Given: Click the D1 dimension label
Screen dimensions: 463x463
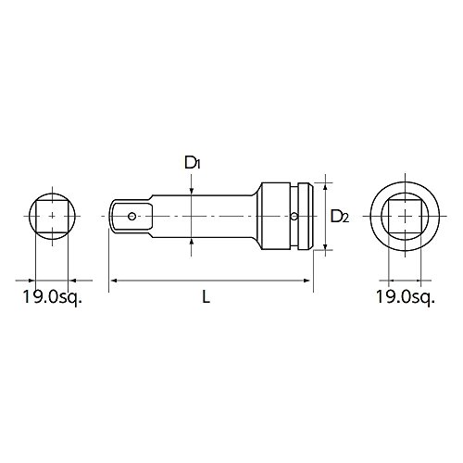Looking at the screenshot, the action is (x=193, y=163).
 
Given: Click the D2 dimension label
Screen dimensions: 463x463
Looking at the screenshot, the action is (x=340, y=216).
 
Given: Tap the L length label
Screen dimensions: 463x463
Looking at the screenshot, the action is (x=206, y=297).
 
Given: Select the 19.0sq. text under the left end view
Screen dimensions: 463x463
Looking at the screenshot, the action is (x=53, y=297).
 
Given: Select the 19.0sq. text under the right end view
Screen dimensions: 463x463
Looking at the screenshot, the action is (x=406, y=297).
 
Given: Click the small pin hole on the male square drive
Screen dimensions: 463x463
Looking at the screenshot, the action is (x=131, y=216).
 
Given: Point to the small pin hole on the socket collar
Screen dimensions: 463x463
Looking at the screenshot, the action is (x=294, y=216).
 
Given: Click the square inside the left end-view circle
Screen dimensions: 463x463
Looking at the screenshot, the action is (x=52, y=216).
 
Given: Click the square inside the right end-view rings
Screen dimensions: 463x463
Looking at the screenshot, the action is (x=405, y=216).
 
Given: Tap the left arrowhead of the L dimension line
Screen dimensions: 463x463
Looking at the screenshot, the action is (x=113, y=281).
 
